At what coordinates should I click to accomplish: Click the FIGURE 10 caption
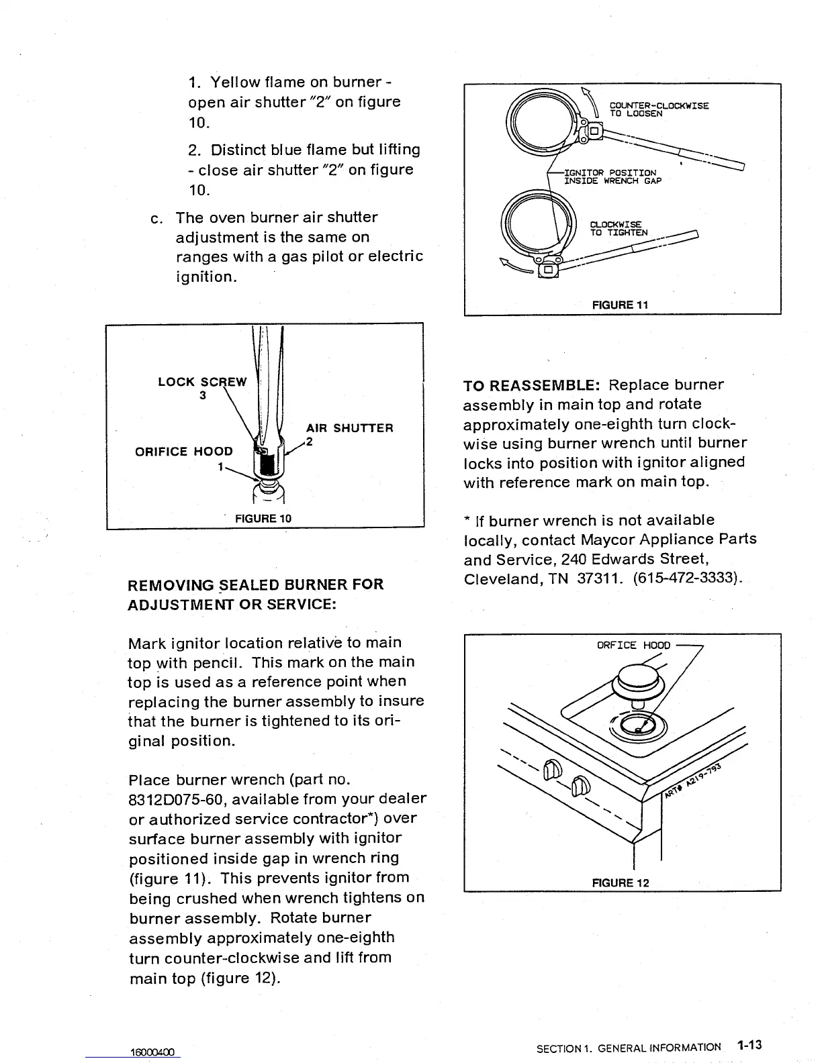(x=263, y=518)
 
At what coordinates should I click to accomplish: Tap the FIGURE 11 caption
(x=620, y=305)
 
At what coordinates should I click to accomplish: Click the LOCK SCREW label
(x=202, y=382)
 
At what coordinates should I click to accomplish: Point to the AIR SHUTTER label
(x=349, y=428)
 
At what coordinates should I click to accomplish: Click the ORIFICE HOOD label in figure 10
(x=184, y=451)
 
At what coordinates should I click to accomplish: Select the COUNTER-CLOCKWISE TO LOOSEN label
(x=658, y=109)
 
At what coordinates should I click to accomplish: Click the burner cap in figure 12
(x=636, y=680)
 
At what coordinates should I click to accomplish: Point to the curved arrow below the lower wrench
(x=516, y=268)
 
